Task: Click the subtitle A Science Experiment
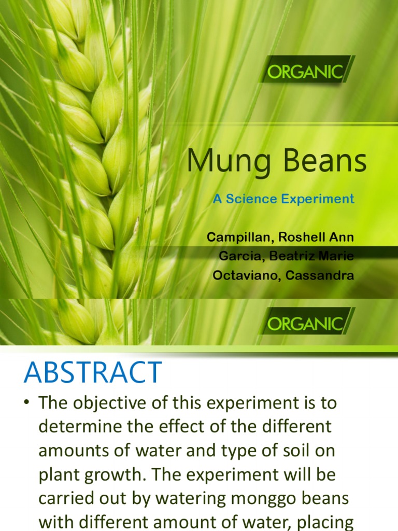pyautogui.click(x=283, y=199)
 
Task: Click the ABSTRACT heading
pyautogui.click(x=93, y=372)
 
